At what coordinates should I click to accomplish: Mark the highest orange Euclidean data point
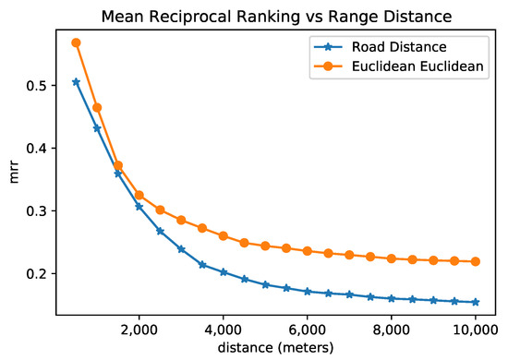coord(76,42)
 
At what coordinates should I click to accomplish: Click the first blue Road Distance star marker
coord(76,81)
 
